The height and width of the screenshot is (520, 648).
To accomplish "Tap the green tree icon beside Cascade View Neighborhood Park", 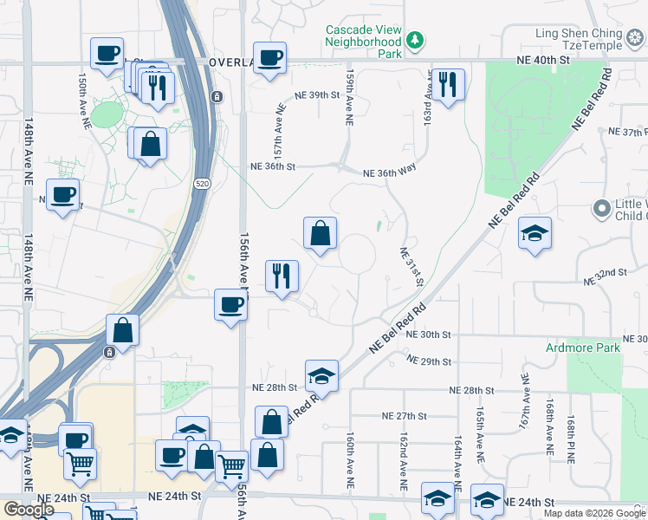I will tap(416, 41).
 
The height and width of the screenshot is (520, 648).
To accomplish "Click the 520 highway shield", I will tap(202, 184).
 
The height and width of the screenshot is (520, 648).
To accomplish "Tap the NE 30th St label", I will tap(430, 335).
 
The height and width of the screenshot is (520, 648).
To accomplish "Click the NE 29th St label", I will tap(430, 361).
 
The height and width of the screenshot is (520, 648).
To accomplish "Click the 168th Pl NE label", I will tap(573, 437).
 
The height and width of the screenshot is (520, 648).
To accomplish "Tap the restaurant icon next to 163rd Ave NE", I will tap(447, 84).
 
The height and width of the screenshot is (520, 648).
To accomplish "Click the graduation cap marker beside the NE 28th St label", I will tap(321, 375).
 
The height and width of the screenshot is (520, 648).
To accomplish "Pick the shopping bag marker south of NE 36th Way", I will tap(320, 232).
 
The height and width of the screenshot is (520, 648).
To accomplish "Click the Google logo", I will tap(29, 510).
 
